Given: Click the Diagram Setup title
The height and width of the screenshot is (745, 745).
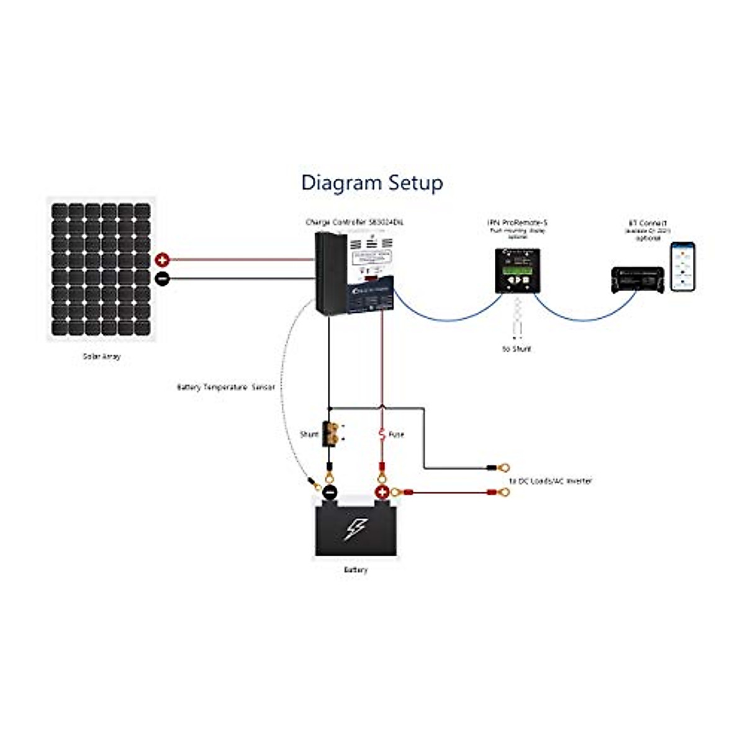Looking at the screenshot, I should pos(372,183).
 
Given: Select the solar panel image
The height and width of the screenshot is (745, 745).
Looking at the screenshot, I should pos(101,269).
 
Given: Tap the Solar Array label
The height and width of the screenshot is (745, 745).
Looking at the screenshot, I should pos(102,357).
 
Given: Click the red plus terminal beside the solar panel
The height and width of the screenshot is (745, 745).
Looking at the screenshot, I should pos(162,260).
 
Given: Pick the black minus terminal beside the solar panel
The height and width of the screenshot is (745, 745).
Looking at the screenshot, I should pos(162,279).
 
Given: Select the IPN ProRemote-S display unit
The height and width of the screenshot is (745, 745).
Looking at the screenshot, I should pos(517,271).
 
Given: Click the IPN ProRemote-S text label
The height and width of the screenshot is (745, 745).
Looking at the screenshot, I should pos(517,222).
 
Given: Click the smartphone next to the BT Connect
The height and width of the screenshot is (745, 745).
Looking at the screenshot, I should pos(682,266).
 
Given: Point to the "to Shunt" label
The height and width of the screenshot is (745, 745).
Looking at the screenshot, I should pos(517,349).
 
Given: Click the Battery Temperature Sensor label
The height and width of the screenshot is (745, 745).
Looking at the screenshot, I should pos(225,387).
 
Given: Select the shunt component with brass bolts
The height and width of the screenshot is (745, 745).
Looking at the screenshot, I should pos(330,433).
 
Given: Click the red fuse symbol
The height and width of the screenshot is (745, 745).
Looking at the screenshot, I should pos(382,434).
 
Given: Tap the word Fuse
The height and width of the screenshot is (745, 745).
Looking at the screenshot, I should pos(396,435).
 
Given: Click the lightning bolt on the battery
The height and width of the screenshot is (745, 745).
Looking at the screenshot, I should pos(355,529).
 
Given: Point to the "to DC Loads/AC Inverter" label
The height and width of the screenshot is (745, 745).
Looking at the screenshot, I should pos(550,481).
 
